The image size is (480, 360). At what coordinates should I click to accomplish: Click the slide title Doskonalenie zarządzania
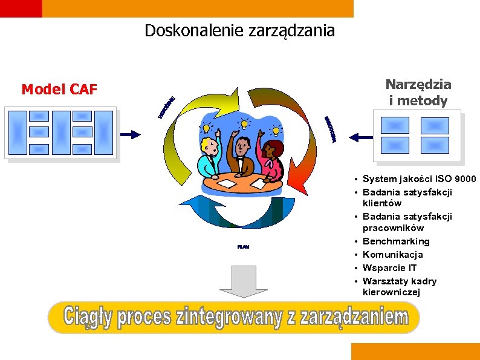(239, 30)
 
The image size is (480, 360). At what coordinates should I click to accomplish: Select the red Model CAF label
(59, 90)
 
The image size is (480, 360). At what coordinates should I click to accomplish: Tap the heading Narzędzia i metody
(418, 93)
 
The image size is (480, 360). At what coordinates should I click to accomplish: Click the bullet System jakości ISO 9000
(419, 179)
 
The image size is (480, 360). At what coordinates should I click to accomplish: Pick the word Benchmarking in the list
(396, 241)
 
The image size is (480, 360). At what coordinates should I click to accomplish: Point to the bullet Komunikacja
(393, 255)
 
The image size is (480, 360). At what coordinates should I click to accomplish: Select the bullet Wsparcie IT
(390, 268)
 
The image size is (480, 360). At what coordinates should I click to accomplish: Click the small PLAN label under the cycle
(243, 247)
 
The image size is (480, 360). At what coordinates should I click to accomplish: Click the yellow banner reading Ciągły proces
(234, 317)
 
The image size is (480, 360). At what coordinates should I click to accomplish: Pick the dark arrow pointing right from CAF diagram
(131, 134)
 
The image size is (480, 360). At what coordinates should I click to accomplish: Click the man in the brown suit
(243, 156)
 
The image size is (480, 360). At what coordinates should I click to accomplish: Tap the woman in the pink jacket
(273, 160)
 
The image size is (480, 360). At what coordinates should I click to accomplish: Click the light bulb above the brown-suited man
(244, 123)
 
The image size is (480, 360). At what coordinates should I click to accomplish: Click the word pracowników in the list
(393, 228)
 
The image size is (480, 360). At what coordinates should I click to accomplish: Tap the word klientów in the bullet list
(382, 203)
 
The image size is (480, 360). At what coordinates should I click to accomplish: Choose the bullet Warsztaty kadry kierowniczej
(399, 287)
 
